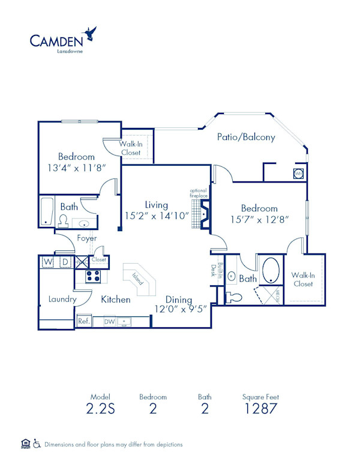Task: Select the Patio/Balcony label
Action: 246,137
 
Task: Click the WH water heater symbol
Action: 298,174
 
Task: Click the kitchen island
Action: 139,277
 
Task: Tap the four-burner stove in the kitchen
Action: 93,277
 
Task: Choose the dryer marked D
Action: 65,262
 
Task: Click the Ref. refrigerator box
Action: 83,322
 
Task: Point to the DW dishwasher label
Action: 109,322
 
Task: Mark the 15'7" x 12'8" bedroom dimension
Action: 260,220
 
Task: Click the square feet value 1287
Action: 260,410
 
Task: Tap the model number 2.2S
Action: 97,410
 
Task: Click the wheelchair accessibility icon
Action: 37,444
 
